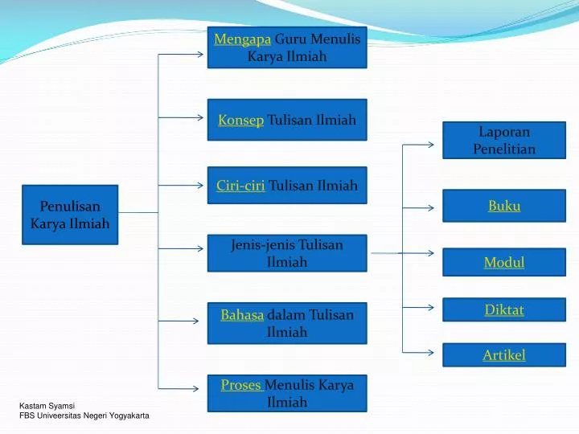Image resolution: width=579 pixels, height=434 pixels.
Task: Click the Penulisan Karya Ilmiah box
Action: [x=70, y=214]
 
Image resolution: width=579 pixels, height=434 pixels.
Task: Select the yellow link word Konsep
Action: [x=241, y=120]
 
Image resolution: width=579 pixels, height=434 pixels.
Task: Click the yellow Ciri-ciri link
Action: [x=240, y=186]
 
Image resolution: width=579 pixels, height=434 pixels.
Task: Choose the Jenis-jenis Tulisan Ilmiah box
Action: [x=287, y=253]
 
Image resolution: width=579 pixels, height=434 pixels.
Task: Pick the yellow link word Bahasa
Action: [x=242, y=315]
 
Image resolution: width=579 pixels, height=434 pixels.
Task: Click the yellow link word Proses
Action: [x=241, y=385]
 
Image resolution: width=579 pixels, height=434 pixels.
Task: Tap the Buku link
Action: [x=504, y=207]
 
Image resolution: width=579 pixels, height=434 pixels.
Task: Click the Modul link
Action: [x=504, y=262]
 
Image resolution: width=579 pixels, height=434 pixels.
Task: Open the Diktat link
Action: [x=504, y=309]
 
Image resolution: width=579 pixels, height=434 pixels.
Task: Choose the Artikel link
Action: [x=504, y=354]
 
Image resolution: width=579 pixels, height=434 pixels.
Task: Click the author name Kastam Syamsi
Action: [x=47, y=405]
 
